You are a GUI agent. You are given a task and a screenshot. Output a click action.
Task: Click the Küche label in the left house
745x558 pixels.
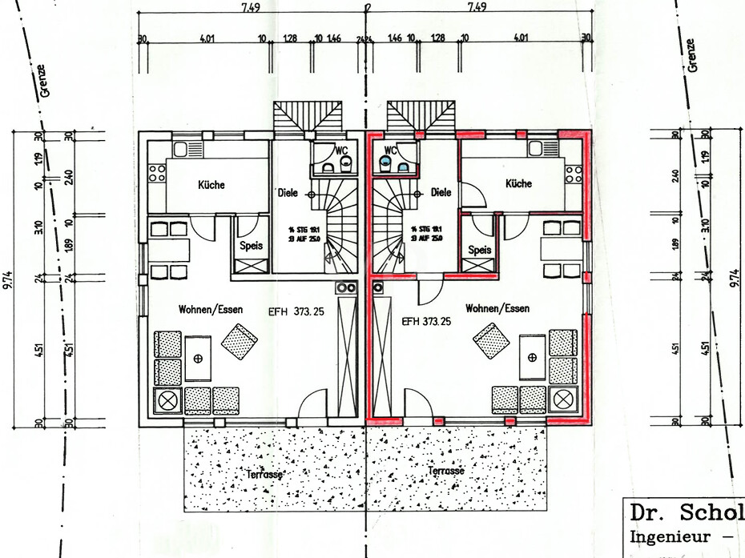pyautogui.click(x=211, y=185)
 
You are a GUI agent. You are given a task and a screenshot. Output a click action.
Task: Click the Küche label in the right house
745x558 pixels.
pyautogui.click(x=518, y=183)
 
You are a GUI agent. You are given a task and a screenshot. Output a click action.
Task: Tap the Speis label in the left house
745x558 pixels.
pyautogui.click(x=252, y=246)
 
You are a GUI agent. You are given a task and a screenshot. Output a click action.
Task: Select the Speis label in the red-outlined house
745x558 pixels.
pyautogui.click(x=479, y=249)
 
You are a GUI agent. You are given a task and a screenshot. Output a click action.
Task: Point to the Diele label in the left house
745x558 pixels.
pyautogui.click(x=287, y=193)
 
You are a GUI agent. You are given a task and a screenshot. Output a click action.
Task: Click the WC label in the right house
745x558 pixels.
pyautogui.click(x=391, y=150)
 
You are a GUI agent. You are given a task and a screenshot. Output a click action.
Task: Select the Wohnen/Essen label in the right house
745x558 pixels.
pyautogui.click(x=497, y=307)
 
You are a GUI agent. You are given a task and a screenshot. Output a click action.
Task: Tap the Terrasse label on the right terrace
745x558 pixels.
pyautogui.click(x=446, y=472)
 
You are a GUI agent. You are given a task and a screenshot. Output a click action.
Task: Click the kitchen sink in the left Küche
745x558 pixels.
pyautogui.click(x=181, y=149)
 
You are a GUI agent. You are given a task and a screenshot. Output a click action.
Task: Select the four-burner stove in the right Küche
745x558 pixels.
pyautogui.click(x=574, y=174)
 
